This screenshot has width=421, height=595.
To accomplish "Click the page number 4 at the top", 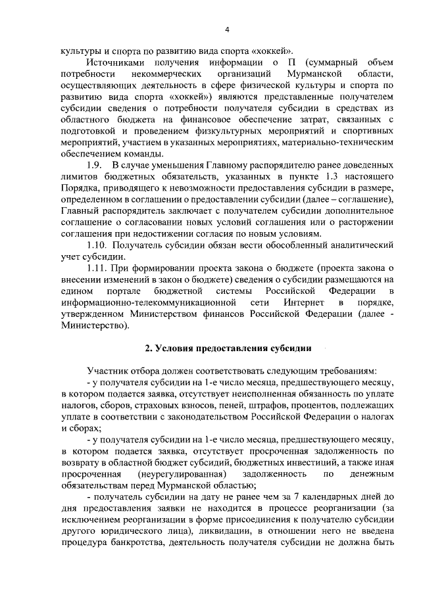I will [x=227, y=30].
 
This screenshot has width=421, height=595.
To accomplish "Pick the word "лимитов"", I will [x=75, y=176].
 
